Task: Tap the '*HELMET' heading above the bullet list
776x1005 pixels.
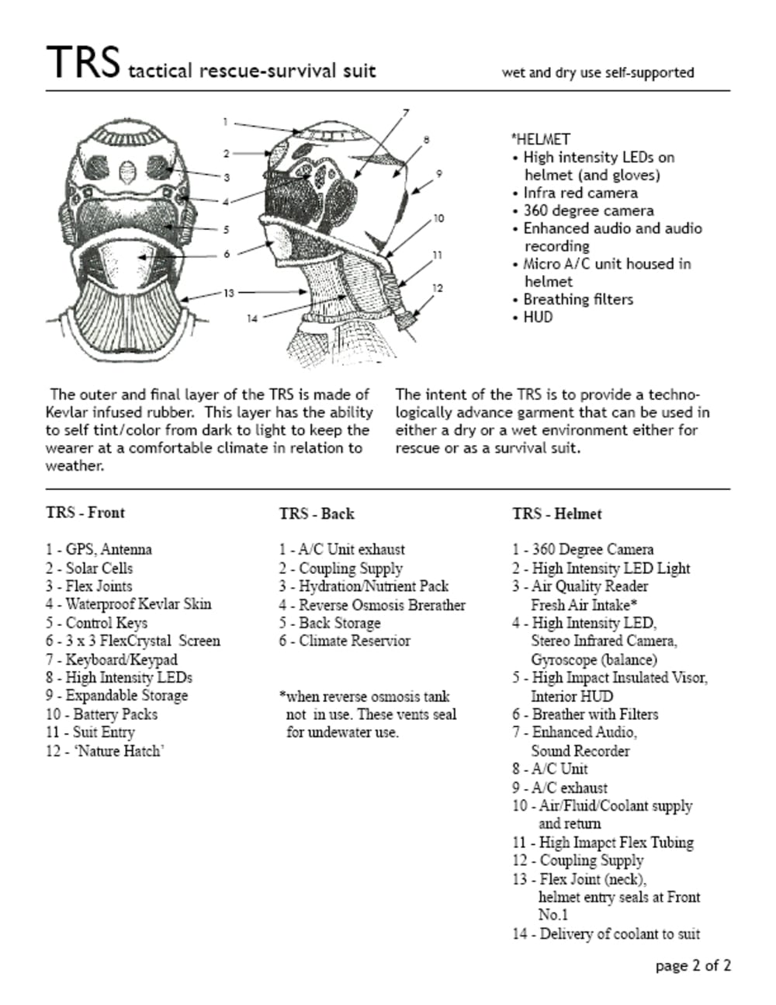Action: click(x=540, y=139)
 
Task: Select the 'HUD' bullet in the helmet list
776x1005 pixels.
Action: click(x=538, y=317)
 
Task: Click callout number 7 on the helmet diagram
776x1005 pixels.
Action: click(x=406, y=113)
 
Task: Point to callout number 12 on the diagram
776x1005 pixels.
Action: click(x=438, y=288)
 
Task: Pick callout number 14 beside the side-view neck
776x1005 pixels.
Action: click(x=252, y=318)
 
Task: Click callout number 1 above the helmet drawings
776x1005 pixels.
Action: click(x=225, y=121)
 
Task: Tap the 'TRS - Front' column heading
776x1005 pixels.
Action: click(x=85, y=513)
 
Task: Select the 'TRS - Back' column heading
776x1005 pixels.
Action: click(x=317, y=514)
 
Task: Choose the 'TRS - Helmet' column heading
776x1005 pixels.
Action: click(x=556, y=514)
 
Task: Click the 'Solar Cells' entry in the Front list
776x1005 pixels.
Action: click(x=99, y=568)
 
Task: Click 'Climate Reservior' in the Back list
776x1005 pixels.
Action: click(x=354, y=641)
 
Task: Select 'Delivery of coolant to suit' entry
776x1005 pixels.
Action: click(x=619, y=934)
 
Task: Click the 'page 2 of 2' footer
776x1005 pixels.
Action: click(x=693, y=966)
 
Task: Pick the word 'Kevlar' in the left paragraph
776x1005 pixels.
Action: click(x=68, y=412)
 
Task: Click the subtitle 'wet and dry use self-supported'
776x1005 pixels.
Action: click(x=598, y=72)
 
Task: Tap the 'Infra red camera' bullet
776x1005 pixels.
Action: click(x=580, y=193)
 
